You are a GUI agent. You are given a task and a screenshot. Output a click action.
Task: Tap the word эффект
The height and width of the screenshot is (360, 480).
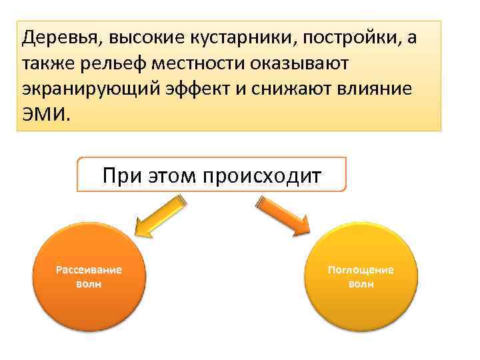pyautogui.click(x=189, y=88)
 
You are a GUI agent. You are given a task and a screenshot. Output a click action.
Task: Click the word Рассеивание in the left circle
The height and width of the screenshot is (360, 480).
pyautogui.click(x=89, y=270)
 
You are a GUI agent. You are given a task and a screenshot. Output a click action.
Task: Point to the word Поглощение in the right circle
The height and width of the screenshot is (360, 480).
pyautogui.click(x=361, y=270)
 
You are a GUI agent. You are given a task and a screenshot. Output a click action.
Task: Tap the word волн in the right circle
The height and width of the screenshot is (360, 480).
pyautogui.click(x=361, y=284)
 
